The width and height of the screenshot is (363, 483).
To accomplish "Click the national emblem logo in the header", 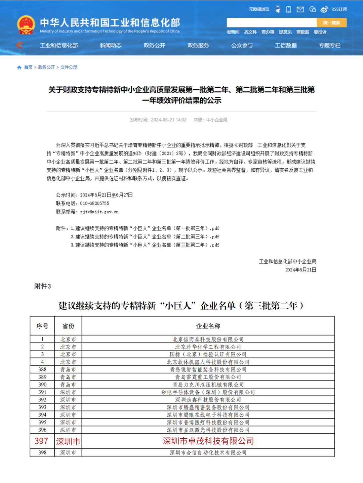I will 26,25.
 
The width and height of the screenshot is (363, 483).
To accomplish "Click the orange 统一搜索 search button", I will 331,23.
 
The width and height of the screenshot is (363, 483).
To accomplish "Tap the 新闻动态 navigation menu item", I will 111,45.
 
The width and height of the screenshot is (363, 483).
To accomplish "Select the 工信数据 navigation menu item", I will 286,45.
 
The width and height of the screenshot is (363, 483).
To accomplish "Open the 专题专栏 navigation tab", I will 329,45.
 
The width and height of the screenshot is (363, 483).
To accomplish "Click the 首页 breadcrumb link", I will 28,67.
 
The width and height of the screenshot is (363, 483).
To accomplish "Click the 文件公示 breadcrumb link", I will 69,67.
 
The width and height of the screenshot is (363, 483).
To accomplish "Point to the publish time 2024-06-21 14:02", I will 168,120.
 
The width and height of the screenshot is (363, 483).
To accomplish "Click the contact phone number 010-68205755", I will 94,203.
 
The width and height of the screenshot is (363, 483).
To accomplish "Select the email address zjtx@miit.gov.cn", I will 99,212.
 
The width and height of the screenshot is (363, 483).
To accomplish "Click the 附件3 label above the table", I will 43,286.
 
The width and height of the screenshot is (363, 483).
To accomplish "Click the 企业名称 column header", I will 208,326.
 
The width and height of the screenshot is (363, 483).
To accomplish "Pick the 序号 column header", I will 42,326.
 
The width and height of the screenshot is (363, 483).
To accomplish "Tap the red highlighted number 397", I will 41,441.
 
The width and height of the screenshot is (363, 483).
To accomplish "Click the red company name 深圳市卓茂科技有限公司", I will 208,441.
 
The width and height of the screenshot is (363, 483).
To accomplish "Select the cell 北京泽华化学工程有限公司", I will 208,347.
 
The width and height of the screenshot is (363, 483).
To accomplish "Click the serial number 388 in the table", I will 42,369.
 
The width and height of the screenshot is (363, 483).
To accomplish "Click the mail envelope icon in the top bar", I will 300,9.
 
